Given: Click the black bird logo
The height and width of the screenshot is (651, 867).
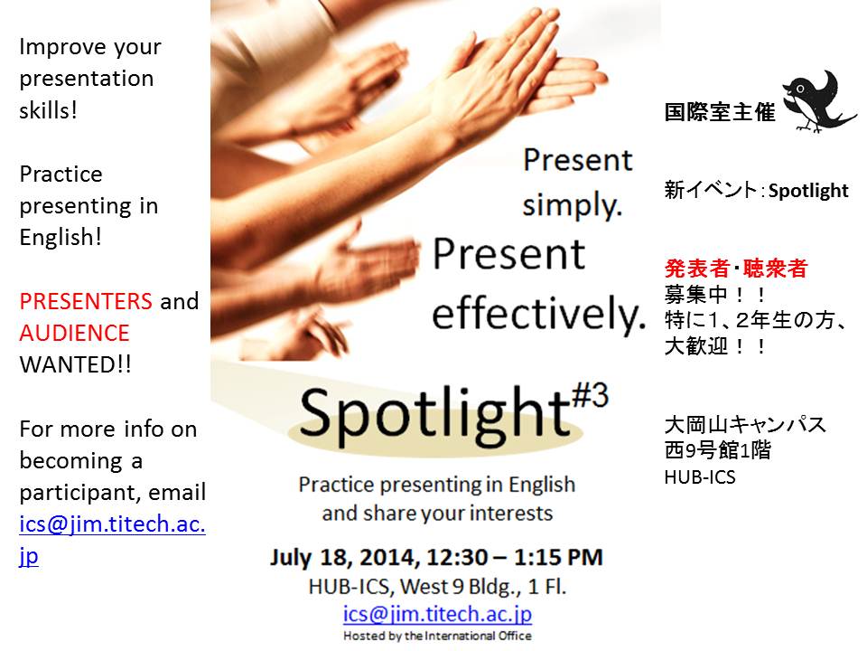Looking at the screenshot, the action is tap(818, 102).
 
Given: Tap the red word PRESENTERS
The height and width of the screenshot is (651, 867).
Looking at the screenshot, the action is tap(86, 302).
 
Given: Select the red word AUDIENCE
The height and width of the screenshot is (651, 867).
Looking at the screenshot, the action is tap(75, 334).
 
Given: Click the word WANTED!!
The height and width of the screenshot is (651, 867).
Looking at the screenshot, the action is tap(76, 364).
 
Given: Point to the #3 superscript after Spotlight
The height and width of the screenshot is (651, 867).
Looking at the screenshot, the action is tap(590, 395).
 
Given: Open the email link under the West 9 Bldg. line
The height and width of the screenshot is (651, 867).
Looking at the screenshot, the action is tap(437, 614).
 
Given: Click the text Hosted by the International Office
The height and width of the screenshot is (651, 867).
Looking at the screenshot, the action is tap(437, 636).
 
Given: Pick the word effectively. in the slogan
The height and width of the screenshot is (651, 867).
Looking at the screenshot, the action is tap(538, 314).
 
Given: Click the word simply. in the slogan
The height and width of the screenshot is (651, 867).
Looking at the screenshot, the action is tap(573, 205).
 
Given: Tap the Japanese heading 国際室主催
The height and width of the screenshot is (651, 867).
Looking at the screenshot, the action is tap(720, 112).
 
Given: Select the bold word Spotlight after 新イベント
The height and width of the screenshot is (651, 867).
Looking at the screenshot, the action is tap(808, 191).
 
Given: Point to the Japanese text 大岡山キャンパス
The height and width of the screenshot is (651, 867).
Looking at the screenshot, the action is tap(745, 425).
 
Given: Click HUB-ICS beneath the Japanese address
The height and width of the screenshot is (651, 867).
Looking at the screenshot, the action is tap(700, 477).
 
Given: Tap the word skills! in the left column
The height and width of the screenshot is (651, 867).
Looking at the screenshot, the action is tap(48, 110).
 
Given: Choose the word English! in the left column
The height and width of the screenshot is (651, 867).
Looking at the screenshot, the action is tap(61, 237).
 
